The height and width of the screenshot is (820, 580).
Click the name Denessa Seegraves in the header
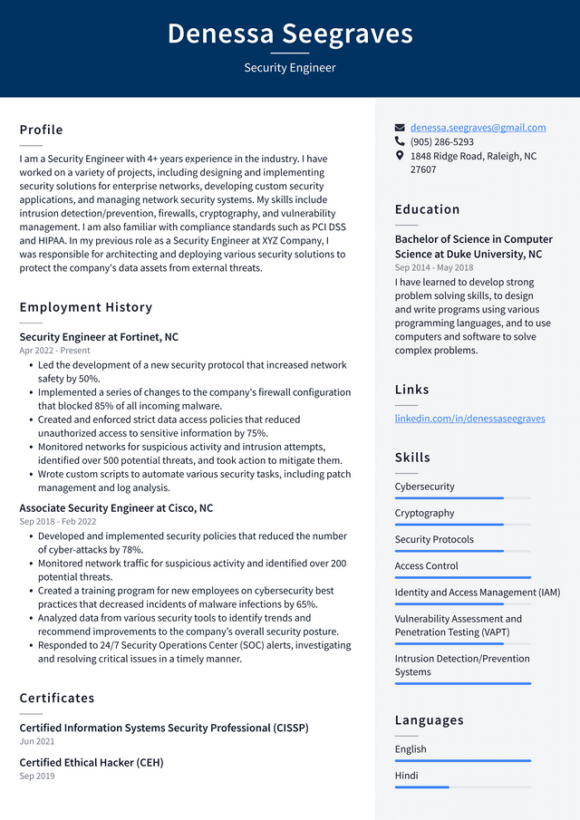(x=290, y=34)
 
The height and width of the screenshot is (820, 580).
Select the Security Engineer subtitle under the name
(x=290, y=68)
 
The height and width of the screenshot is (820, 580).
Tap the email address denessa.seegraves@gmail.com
(x=478, y=128)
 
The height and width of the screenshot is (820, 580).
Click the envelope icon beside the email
(x=400, y=128)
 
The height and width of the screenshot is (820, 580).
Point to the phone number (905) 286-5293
(x=441, y=142)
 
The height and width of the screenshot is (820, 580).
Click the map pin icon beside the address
(x=400, y=156)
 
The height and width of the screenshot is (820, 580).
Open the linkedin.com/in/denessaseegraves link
(x=469, y=419)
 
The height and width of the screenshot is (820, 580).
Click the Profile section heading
(x=42, y=130)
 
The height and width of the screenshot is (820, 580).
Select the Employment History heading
(x=86, y=307)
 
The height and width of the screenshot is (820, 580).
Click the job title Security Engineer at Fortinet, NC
(x=99, y=337)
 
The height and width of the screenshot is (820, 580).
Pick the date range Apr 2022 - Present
(x=55, y=351)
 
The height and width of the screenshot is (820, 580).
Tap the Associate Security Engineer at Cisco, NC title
(x=116, y=508)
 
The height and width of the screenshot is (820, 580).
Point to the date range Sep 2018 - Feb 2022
(x=58, y=522)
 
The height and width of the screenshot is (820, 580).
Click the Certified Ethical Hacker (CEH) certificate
(x=92, y=763)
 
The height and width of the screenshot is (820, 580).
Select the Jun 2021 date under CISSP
(x=36, y=741)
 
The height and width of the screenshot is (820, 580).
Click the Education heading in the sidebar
(x=427, y=209)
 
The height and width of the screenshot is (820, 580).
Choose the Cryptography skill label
(x=424, y=513)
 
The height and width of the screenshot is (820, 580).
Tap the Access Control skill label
(x=426, y=566)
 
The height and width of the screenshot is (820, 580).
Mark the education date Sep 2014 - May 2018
(x=433, y=268)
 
